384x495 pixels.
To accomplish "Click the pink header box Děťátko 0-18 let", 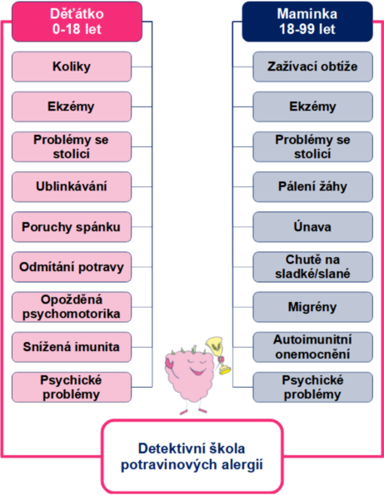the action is [x=77, y=22].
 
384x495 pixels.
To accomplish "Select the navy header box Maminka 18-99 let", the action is [x=307, y=22].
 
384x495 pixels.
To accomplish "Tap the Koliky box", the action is [x=72, y=67].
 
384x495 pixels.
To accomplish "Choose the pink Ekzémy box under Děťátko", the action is [x=72, y=106].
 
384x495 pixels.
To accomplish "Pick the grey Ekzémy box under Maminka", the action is [x=313, y=106].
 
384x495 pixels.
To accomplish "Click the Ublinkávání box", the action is [x=72, y=187].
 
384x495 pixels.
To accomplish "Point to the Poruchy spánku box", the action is [x=72, y=227].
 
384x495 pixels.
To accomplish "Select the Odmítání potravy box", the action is [x=72, y=267].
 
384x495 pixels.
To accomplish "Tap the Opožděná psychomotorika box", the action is [x=72, y=307].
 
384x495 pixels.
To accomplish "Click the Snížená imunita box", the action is [x=72, y=347].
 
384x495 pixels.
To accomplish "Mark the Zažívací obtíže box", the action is [x=313, y=67].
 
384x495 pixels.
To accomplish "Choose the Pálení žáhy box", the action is [x=313, y=187].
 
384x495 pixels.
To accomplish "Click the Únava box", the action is [x=313, y=227].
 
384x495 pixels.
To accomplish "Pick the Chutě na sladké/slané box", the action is [x=313, y=267].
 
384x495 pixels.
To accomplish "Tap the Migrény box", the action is [x=313, y=307].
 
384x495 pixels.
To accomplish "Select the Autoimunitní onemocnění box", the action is [x=313, y=347].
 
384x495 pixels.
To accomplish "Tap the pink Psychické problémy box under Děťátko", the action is [x=72, y=387].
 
